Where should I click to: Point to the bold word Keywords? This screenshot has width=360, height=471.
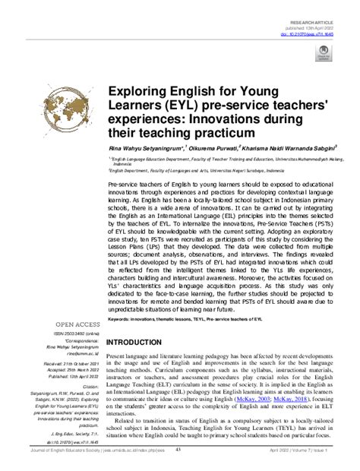[x=122, y=320]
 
